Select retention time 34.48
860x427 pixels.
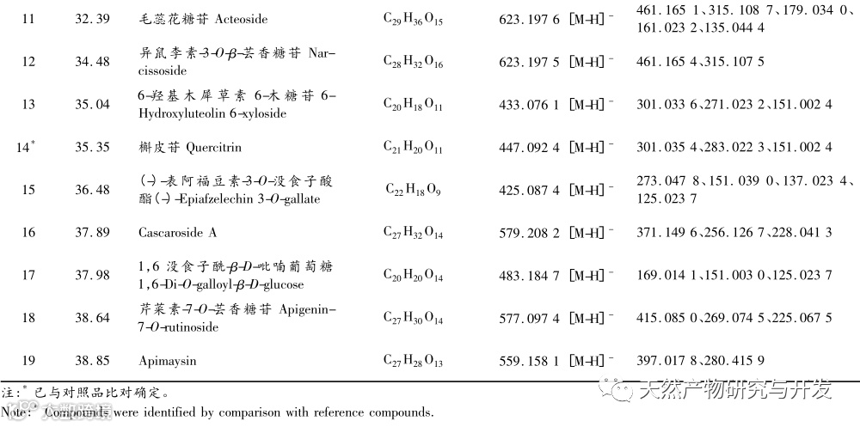[x=92, y=61]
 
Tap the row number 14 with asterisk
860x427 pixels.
[x=27, y=147]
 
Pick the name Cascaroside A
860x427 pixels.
[x=178, y=232]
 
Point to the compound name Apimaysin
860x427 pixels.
[x=167, y=361]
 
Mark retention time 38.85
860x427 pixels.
[x=92, y=361]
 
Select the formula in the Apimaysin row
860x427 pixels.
[x=413, y=362]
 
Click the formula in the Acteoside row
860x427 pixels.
[x=413, y=19]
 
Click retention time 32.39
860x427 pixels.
[x=92, y=18]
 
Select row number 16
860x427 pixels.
[x=28, y=232]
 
